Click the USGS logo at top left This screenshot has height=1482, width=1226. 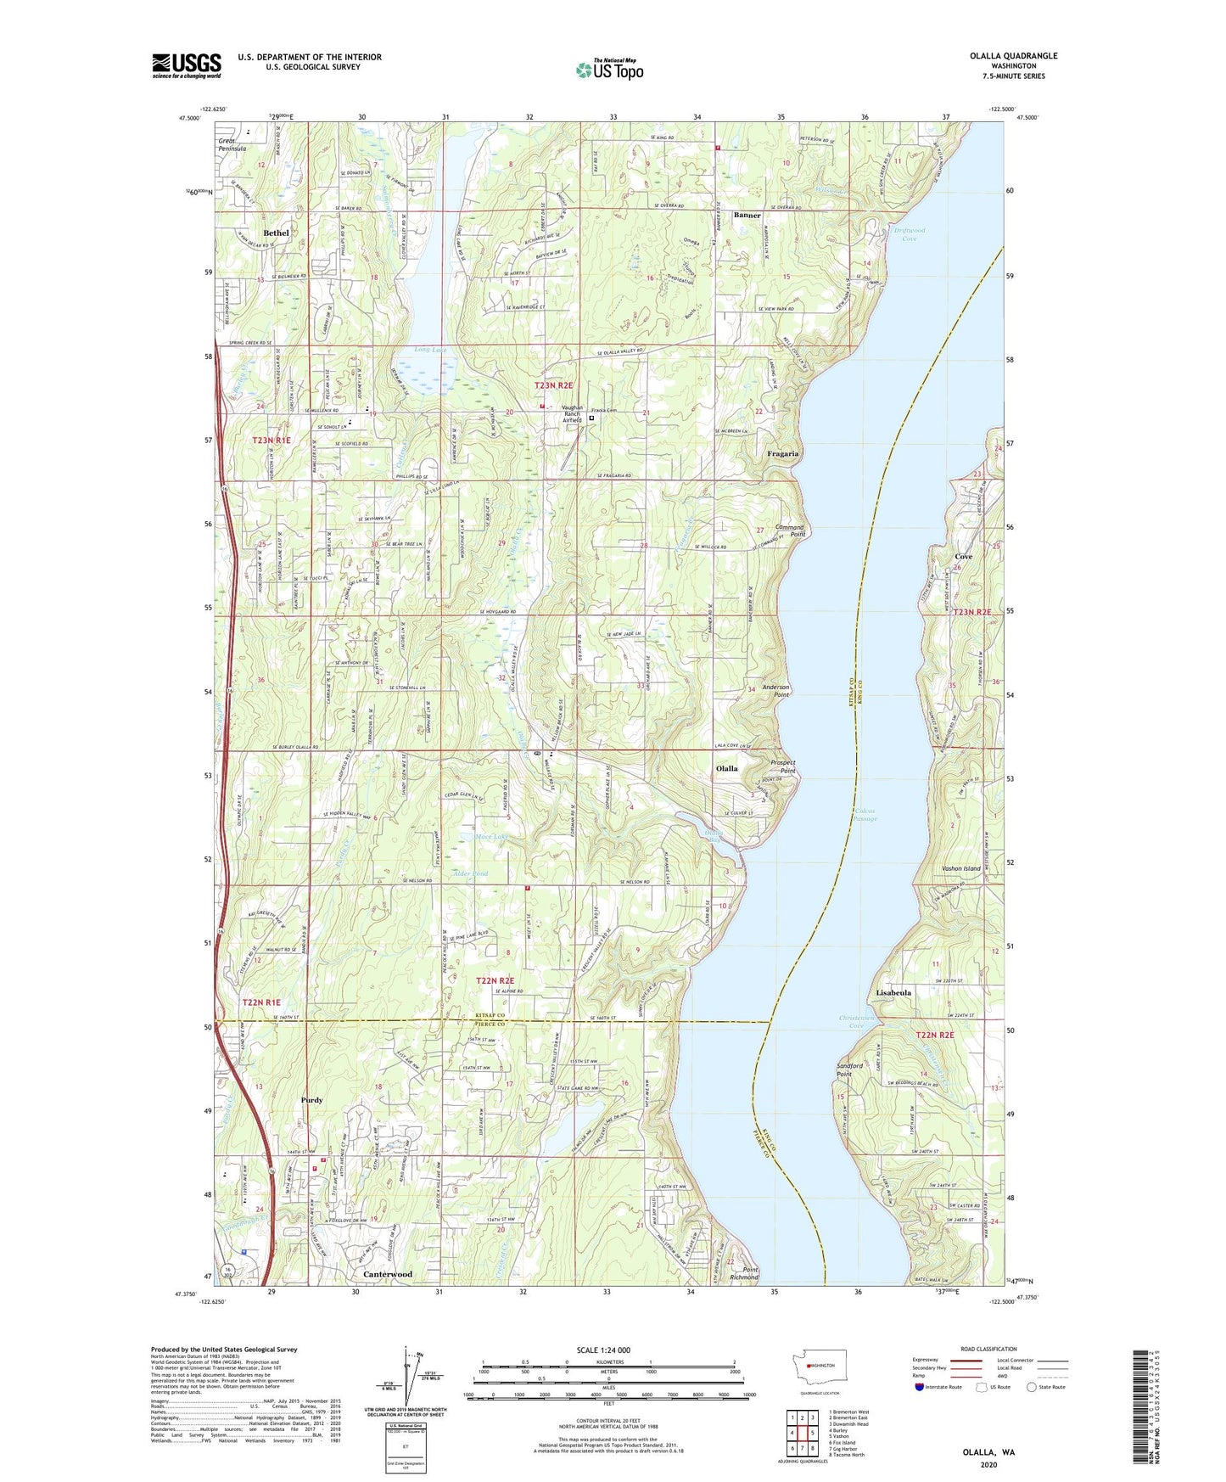187,65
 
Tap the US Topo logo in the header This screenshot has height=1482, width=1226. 610,70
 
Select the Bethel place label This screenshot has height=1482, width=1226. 276,233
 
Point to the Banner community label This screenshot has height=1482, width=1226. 747,216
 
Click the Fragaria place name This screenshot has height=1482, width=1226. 782,454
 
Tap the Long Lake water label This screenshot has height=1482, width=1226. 430,350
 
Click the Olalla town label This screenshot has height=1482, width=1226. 726,768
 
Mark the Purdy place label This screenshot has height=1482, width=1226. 311,1100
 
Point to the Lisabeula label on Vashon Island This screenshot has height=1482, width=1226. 893,992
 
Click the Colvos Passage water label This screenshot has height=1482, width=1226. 865,816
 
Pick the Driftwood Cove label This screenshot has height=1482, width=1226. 909,234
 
